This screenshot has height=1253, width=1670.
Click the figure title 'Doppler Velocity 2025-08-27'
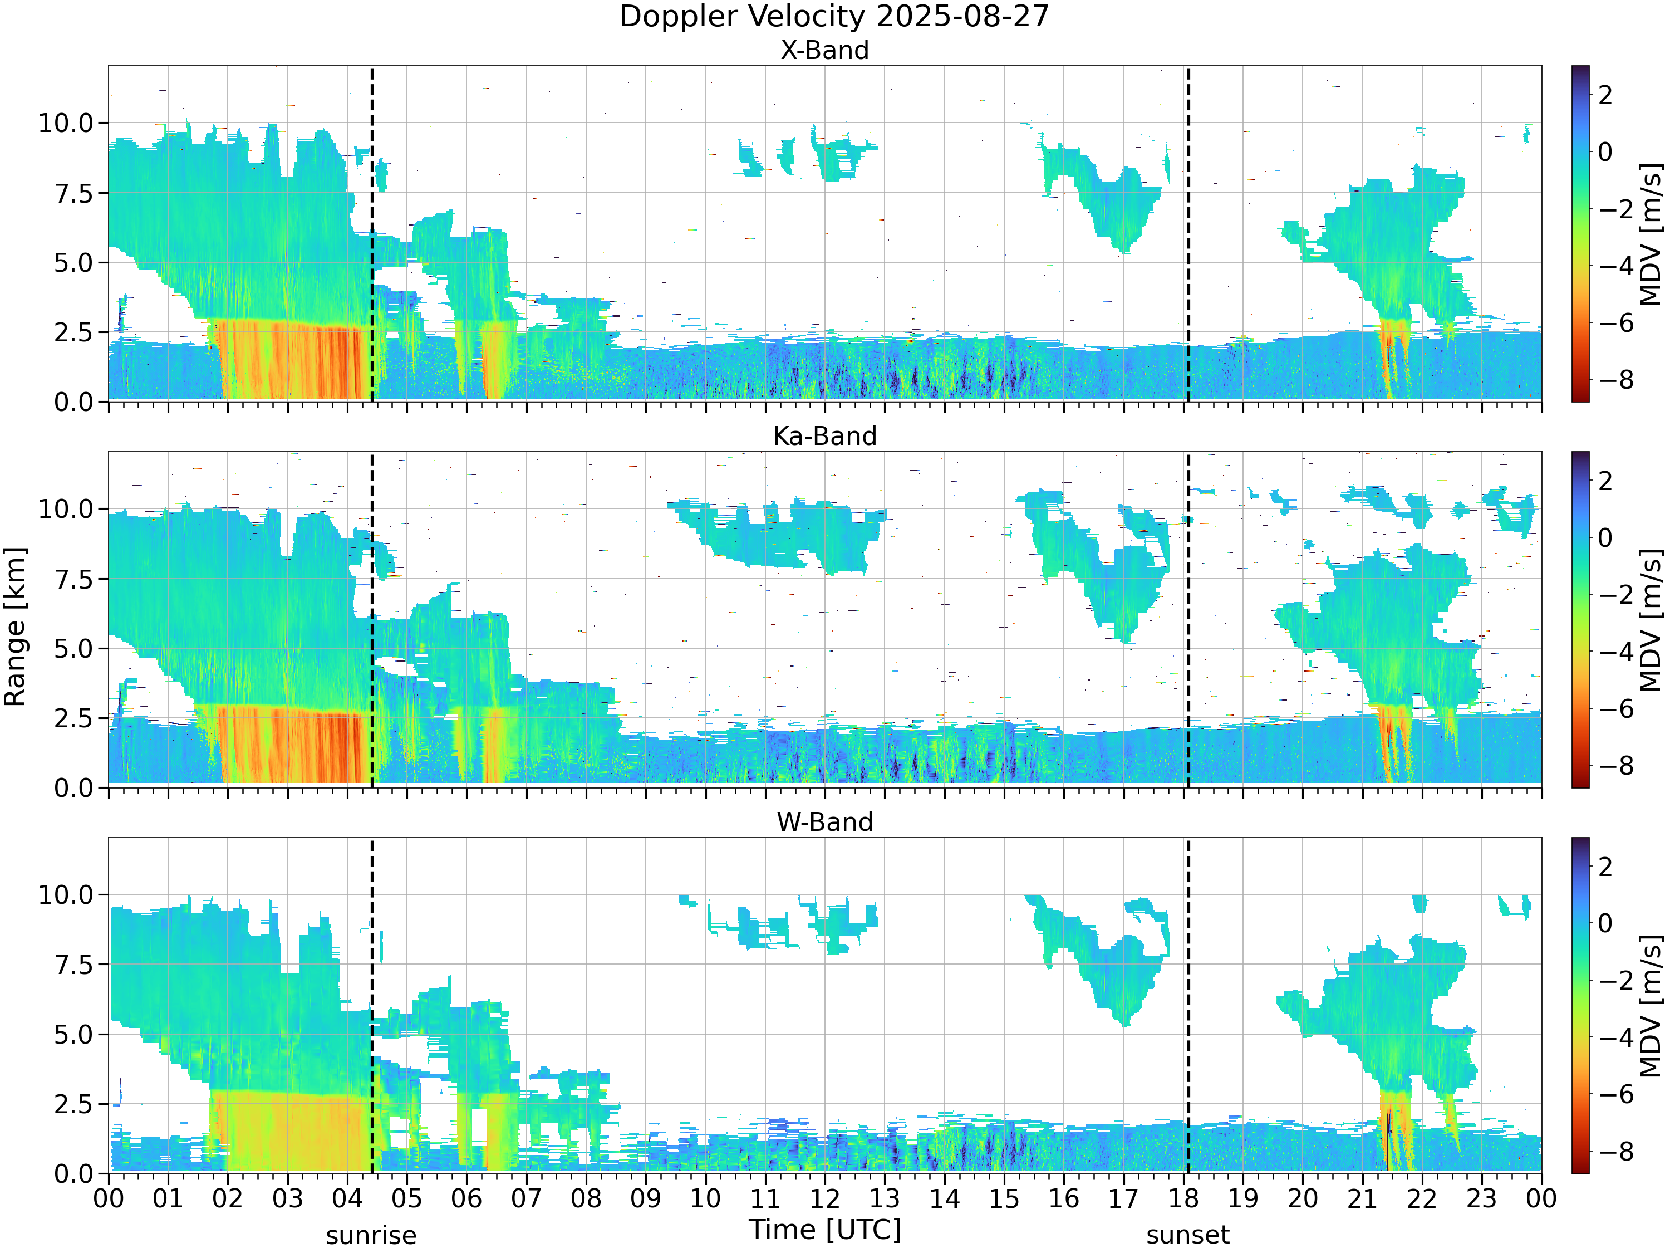coord(834,17)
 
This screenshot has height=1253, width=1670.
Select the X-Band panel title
coord(824,51)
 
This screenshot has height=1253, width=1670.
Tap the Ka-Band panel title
coord(824,437)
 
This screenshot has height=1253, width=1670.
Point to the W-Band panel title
coord(824,823)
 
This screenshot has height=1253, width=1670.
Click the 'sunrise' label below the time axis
coord(371,1236)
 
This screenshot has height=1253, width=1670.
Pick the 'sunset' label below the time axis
coord(1187,1236)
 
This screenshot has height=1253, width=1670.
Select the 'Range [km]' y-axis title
coord(15,627)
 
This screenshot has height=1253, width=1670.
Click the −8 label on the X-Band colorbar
coord(1615,380)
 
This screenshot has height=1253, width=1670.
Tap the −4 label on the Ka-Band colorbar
coord(1615,652)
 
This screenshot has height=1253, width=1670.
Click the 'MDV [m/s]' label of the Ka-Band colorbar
coord(1651,620)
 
